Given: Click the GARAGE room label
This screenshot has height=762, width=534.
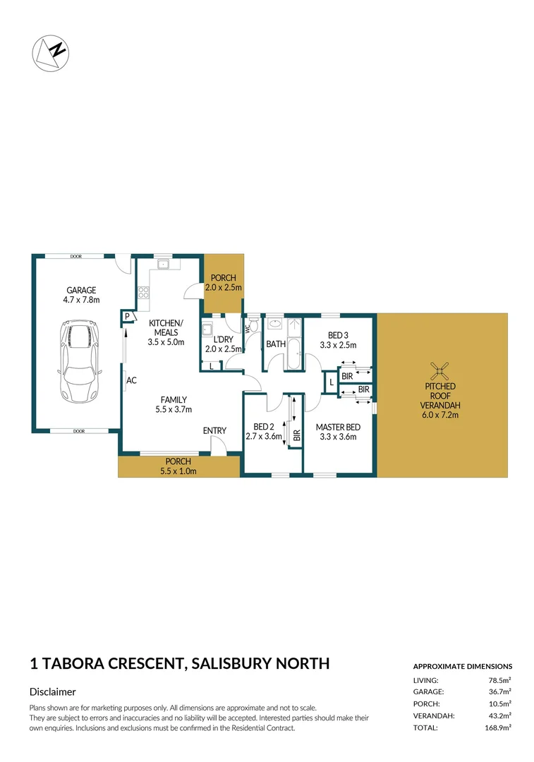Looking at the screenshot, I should (81, 290).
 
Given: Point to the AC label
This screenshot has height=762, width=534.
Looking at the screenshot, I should (131, 381).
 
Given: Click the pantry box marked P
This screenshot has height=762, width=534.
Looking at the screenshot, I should (128, 317).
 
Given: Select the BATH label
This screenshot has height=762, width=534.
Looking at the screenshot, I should (275, 344).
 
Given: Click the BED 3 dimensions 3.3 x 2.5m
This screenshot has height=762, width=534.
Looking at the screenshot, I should (338, 346).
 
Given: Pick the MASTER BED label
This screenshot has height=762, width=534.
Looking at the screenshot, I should (338, 427).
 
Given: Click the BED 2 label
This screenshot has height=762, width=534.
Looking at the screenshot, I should (264, 427).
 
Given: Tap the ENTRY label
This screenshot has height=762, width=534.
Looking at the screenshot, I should (214, 431).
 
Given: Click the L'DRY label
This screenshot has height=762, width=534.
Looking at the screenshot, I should (223, 338).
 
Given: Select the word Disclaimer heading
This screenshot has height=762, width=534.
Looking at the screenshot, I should (53, 692).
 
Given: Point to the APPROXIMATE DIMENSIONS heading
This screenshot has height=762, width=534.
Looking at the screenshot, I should (462, 666).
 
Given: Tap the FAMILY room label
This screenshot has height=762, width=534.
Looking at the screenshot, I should (173, 399).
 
